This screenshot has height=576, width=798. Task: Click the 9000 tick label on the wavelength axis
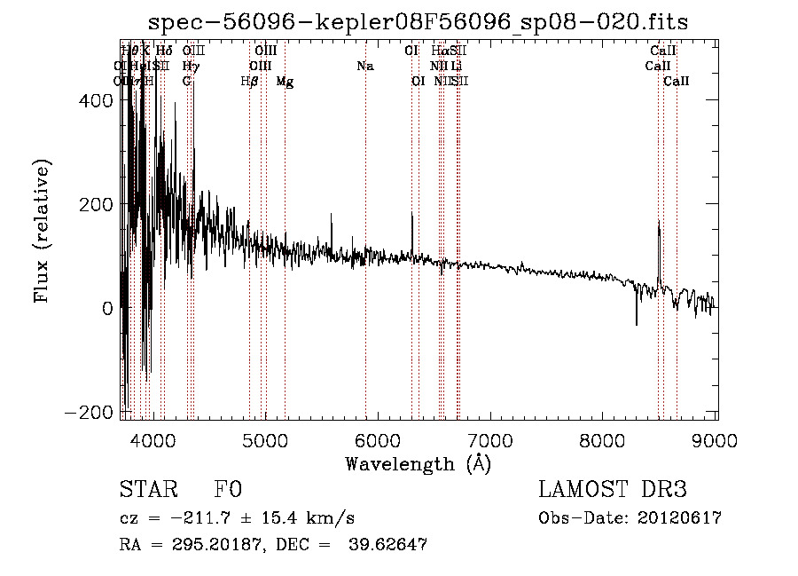pos(716,441)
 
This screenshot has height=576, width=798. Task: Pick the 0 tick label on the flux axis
pos(107,309)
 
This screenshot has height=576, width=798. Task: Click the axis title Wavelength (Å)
pos(418,463)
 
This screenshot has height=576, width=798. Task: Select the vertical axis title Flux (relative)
pos(42,231)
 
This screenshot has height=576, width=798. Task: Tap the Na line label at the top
pos(365,66)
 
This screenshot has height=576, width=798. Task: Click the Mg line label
pos(285,82)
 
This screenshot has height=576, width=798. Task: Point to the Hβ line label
pos(249,82)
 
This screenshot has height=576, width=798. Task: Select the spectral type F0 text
pos(228,490)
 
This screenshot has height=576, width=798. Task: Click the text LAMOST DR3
pos(612,490)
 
